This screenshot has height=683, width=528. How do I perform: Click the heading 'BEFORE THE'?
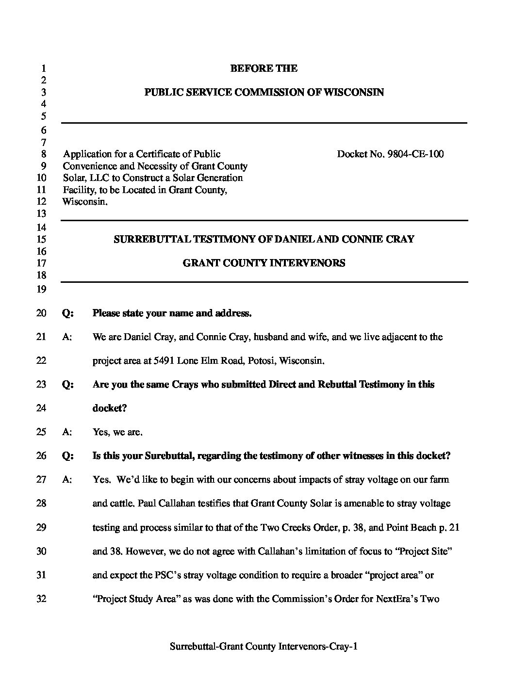[264, 68]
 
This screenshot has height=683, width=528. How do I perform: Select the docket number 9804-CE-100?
[415, 154]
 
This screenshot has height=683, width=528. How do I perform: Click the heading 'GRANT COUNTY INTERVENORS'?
[264, 263]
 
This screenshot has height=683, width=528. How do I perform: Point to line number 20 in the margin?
[41, 313]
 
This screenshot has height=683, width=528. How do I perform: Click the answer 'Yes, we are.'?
[117, 432]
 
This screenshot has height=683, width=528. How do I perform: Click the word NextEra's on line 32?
[395, 599]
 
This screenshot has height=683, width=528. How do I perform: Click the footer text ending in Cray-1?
[264, 646]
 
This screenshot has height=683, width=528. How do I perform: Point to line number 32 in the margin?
[41, 599]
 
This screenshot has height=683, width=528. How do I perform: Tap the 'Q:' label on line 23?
[68, 385]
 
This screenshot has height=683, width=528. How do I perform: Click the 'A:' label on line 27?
[67, 480]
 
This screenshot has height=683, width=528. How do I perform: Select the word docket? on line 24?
[110, 408]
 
